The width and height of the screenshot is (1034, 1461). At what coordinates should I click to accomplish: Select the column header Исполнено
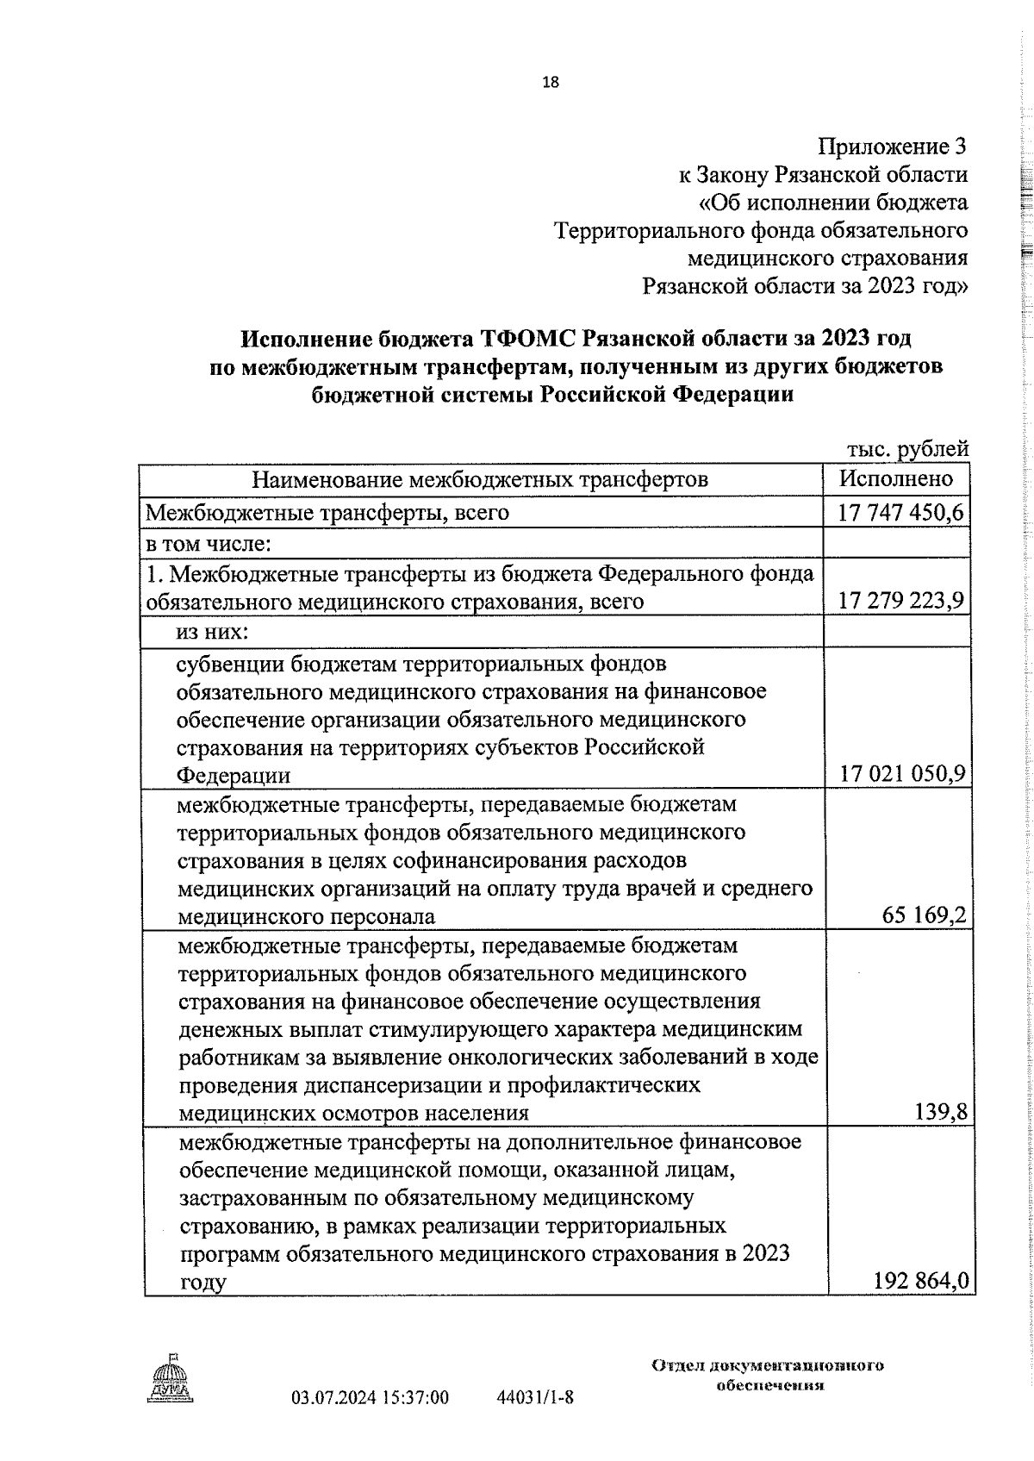(x=897, y=478)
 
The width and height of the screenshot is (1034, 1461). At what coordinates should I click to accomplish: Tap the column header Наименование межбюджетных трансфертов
(x=480, y=479)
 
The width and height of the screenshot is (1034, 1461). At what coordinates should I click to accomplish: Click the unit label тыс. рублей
(x=908, y=449)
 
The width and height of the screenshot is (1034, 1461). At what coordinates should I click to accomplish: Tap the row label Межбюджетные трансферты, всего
(x=327, y=513)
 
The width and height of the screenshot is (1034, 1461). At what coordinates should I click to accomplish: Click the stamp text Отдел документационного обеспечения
(x=769, y=1377)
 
